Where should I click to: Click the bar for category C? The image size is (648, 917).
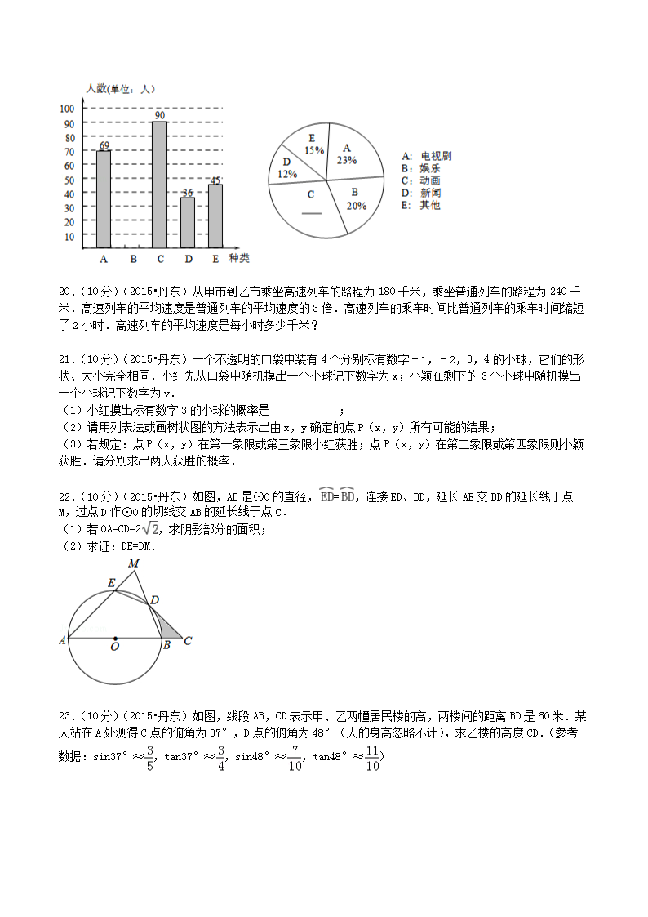coord(159,185)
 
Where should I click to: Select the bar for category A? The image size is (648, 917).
coord(104,199)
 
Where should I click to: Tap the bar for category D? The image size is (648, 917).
coord(188,222)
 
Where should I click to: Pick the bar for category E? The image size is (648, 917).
coord(215,216)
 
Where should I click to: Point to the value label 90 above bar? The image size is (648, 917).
coord(160,115)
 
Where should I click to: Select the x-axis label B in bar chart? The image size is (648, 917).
coord(132,259)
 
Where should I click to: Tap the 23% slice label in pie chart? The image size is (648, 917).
coord(346,155)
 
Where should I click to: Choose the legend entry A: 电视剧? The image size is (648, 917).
coord(426,156)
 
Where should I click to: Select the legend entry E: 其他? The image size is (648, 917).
coord(420,205)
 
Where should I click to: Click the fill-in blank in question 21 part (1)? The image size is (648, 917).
coord(303,411)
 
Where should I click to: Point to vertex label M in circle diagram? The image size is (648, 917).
coord(133,563)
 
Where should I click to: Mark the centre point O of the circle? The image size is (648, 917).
coord(115,639)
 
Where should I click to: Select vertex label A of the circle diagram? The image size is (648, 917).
coord(62,641)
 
